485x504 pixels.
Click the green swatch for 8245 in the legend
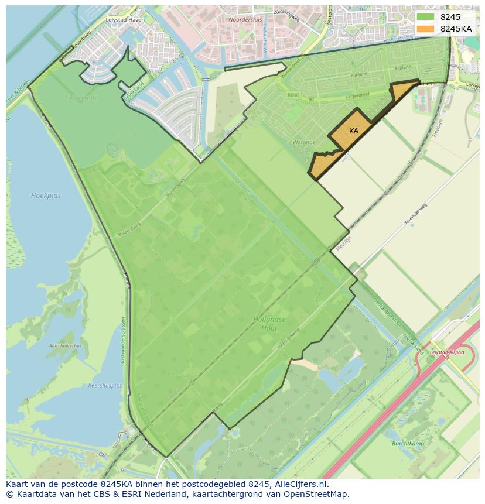425,17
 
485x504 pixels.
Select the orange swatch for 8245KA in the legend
425,29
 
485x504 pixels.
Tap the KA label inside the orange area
354,131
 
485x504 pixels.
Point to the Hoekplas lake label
46,196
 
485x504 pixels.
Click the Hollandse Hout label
270,324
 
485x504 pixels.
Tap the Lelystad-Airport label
447,352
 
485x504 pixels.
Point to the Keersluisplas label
105,386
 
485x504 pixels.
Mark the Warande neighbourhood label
304,142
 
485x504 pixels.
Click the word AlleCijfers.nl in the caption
299,485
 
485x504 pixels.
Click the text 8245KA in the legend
456,29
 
